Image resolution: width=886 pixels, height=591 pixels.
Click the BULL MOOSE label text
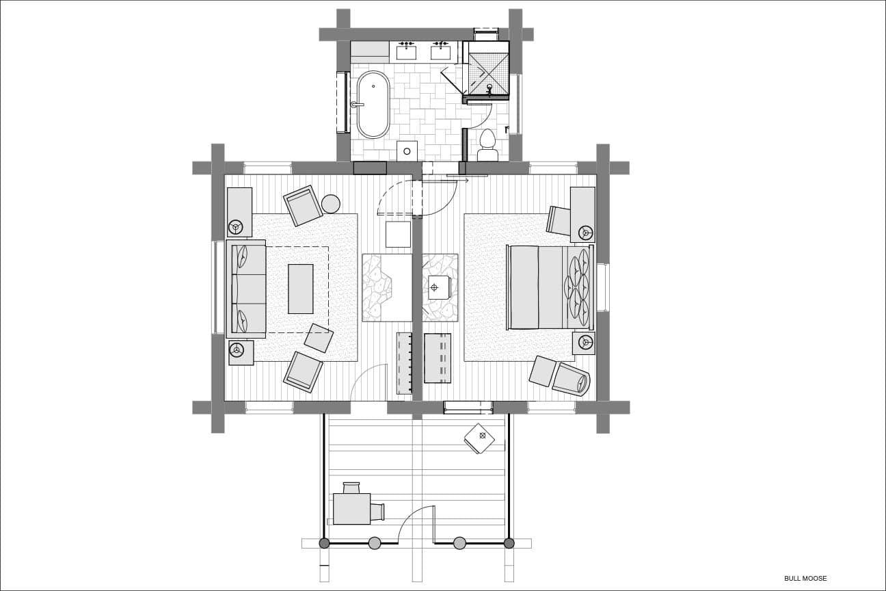coord(805,578)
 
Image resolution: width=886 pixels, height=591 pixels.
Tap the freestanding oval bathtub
coord(373,105)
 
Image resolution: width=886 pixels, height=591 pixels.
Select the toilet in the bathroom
coord(487,145)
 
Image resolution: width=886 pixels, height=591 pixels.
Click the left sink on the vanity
coord(406,52)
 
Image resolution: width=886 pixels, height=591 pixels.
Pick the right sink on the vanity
coord(441,52)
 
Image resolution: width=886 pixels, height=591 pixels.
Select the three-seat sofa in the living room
coord(246,289)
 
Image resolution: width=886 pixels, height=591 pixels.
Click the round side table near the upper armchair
coord(331,205)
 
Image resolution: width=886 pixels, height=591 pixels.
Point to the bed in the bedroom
coord(550,287)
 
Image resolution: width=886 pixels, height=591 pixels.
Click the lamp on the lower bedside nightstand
coord(586,341)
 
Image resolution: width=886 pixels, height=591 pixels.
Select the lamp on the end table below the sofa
coord(237,350)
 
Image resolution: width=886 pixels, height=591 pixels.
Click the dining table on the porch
coord(351,509)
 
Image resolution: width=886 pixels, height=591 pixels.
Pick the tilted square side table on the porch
coord(480,438)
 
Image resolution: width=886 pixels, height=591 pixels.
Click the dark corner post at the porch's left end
coord(324,543)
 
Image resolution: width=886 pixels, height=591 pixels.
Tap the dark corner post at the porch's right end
coord(509,543)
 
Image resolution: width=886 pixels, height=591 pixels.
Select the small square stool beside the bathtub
coord(407,150)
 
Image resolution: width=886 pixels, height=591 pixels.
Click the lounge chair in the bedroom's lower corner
coord(570,379)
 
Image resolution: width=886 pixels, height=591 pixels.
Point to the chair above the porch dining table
coord(351,488)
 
